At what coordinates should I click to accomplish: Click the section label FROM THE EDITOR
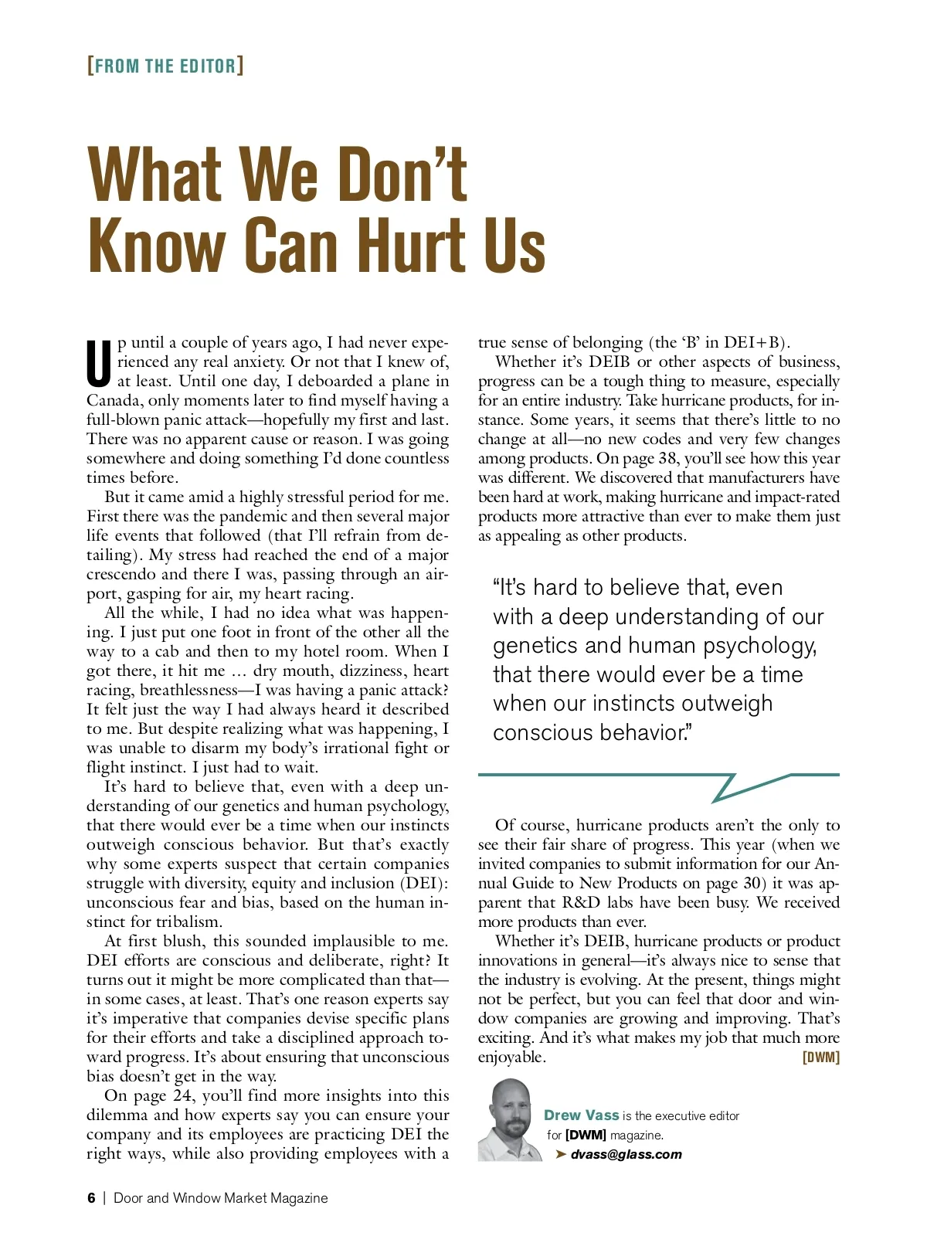pyautogui.click(x=165, y=66)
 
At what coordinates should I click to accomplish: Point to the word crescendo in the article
pyautogui.click(x=125, y=575)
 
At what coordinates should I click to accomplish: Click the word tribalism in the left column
pyautogui.click(x=185, y=922)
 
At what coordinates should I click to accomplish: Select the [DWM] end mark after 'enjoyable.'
pyautogui.click(x=821, y=1058)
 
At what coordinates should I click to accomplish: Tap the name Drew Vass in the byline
pyautogui.click(x=581, y=1115)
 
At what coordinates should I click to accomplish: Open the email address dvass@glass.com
pyautogui.click(x=626, y=1155)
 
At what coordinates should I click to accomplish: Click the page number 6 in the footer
pyautogui.click(x=91, y=1198)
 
